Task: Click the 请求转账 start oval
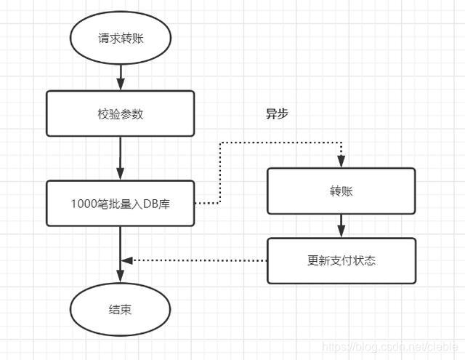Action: click(121, 39)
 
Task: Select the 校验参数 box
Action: click(121, 113)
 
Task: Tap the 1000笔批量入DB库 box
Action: click(121, 203)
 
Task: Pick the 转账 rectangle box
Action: click(341, 191)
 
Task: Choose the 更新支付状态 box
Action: click(341, 260)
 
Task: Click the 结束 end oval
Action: click(121, 310)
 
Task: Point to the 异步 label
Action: click(277, 114)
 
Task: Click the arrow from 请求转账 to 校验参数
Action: click(121, 75)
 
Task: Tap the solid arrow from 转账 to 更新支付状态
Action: click(341, 225)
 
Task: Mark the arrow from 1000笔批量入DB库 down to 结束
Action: click(121, 255)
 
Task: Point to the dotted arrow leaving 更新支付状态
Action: click(196, 260)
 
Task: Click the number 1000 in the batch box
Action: click(83, 203)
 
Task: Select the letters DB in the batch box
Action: click(151, 203)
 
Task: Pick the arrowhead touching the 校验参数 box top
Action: click(121, 86)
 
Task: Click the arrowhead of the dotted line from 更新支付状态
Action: click(126, 260)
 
